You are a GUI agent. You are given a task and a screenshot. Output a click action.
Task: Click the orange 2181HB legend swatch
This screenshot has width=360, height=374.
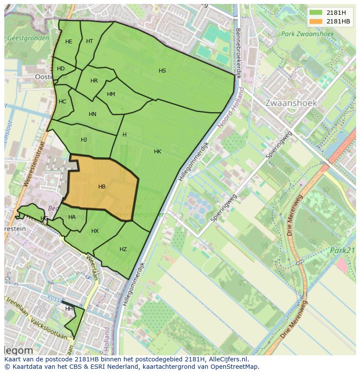[316, 21]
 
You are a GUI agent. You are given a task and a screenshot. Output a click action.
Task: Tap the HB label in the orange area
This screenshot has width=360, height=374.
[102, 187]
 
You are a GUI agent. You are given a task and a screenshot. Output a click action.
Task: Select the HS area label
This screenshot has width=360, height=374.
[162, 71]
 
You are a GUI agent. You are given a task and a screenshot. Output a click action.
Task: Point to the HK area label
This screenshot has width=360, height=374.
[157, 152]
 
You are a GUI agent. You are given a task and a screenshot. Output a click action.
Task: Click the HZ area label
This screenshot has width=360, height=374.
[123, 249]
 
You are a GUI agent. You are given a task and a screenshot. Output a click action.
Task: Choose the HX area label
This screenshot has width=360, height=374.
[95, 231]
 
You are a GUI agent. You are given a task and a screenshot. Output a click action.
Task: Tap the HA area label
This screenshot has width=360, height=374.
[72, 217]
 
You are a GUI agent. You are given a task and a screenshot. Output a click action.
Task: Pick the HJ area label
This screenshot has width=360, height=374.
[84, 140]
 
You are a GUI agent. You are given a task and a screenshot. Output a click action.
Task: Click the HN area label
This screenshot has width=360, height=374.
[92, 114]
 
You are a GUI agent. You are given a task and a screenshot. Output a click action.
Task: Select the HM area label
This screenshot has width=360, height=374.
[111, 94]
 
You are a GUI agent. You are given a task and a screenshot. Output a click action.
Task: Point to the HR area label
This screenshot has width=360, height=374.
[94, 81]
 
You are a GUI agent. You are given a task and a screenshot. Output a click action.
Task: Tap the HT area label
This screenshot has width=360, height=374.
[90, 41]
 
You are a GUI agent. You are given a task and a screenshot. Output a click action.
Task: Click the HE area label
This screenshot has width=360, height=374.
[69, 42]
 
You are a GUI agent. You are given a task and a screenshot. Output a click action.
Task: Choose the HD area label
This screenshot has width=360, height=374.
[61, 69]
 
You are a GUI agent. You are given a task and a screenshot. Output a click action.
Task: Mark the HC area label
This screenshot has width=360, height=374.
[62, 102]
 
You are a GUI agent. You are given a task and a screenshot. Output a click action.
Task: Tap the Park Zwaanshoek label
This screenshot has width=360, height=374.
[307, 34]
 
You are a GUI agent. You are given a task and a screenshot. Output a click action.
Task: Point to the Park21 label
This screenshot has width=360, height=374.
[343, 250]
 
